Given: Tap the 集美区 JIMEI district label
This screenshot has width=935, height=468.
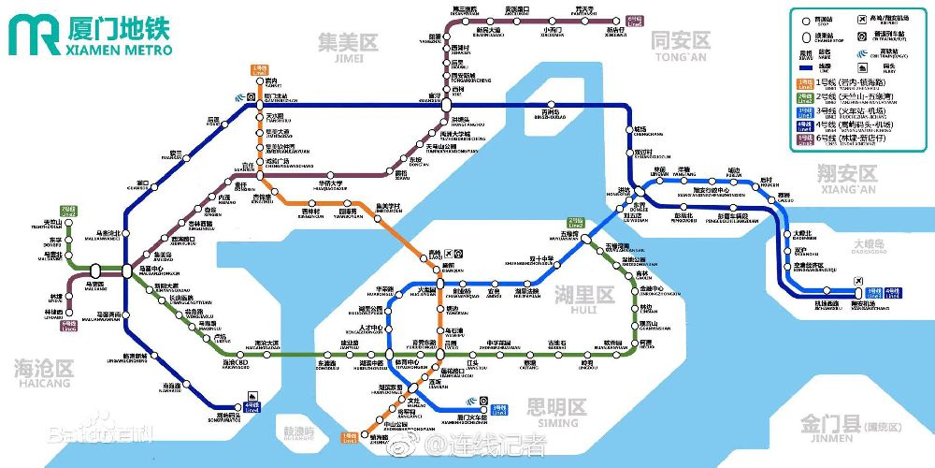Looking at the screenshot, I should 346,45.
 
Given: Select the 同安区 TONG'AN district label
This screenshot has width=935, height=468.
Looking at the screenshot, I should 681,43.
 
